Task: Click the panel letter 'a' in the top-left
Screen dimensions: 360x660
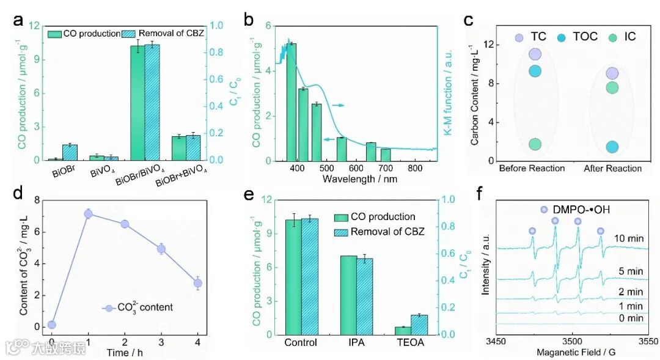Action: (18, 20)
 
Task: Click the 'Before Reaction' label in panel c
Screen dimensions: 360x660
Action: (532, 168)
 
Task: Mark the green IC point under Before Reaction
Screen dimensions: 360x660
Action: (535, 144)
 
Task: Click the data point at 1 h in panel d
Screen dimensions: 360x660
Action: (88, 214)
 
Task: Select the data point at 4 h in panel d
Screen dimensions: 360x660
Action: (197, 283)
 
